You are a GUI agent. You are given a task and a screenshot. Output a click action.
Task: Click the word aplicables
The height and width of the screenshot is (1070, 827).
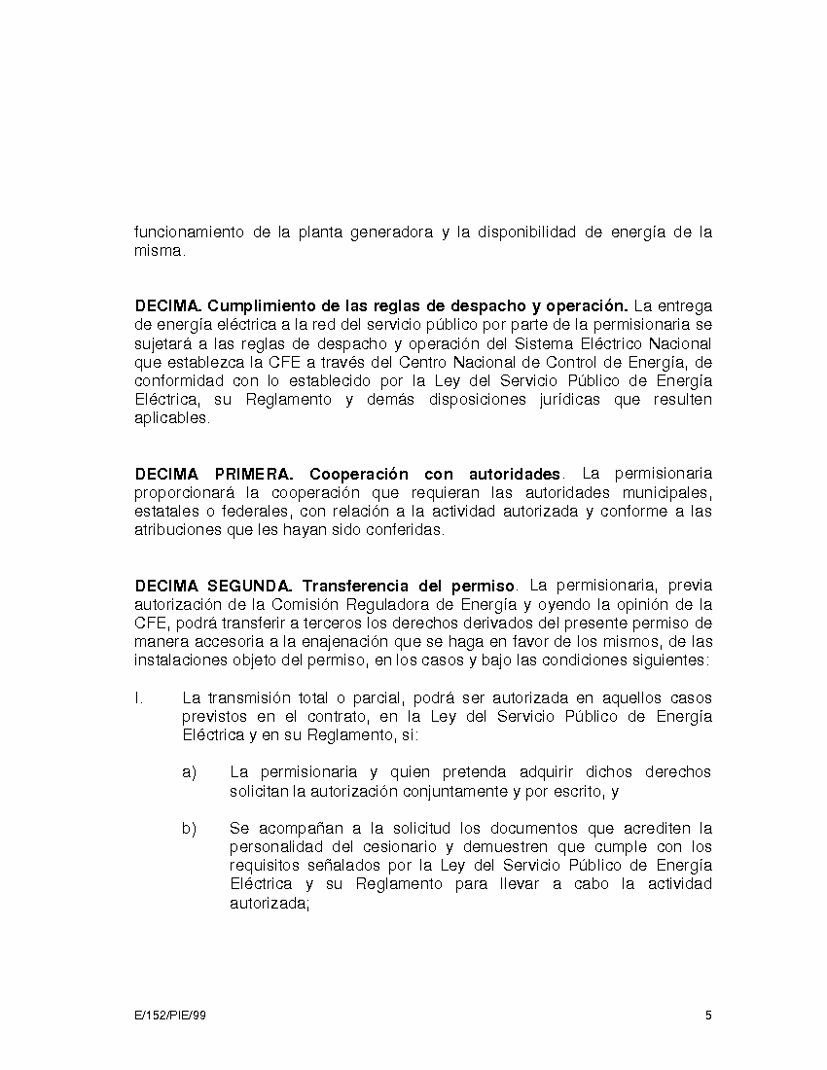pos(171,419)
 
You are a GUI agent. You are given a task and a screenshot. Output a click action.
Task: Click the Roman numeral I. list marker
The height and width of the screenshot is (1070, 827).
pos(139,698)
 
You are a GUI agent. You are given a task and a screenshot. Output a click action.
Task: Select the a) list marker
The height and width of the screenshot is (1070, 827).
pos(189,772)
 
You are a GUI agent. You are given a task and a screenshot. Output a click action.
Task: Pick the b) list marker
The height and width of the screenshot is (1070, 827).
pos(189,829)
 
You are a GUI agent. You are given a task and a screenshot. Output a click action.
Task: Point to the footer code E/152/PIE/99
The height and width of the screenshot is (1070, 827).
pos(170,1016)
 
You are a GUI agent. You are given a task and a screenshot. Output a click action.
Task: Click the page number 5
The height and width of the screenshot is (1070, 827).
pos(708,1016)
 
